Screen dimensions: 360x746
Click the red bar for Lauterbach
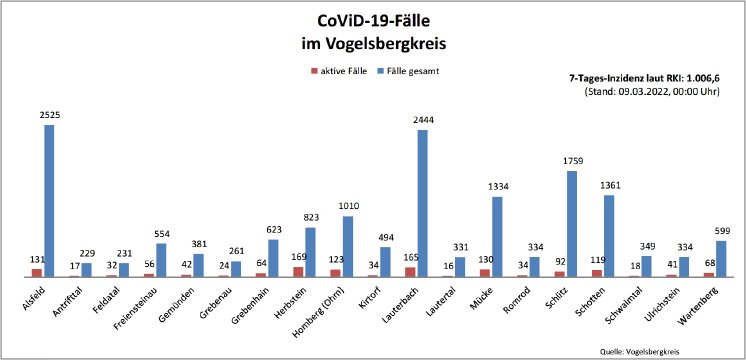410,271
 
